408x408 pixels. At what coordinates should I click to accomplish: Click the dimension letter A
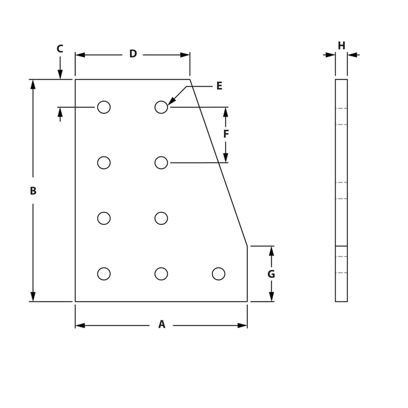(162, 324)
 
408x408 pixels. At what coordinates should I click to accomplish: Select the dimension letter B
(33, 191)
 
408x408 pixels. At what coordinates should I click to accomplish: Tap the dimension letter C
(60, 49)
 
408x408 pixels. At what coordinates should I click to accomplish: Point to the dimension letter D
(133, 54)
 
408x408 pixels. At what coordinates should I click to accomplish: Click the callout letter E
(219, 86)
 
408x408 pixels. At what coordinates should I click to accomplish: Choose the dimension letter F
(226, 134)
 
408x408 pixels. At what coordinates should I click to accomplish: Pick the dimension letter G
(271, 274)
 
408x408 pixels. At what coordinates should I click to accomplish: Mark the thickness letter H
(341, 46)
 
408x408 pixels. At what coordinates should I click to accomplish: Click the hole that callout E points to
(161, 107)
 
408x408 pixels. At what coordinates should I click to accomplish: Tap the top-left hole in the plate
(104, 107)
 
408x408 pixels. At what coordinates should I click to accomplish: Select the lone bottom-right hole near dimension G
(218, 274)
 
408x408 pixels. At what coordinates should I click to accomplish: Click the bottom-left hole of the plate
(104, 274)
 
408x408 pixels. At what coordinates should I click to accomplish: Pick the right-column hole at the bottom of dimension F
(161, 163)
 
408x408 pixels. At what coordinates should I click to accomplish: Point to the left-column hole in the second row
(104, 163)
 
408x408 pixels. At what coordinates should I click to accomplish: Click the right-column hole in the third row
(161, 218)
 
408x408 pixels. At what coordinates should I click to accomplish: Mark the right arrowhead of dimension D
(185, 55)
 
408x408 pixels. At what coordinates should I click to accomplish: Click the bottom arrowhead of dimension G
(271, 297)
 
